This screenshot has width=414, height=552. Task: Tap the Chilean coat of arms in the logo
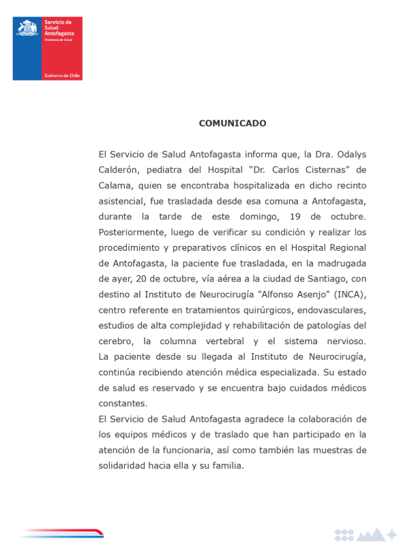pos(27,29)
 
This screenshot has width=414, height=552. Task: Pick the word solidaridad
pos(125,466)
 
